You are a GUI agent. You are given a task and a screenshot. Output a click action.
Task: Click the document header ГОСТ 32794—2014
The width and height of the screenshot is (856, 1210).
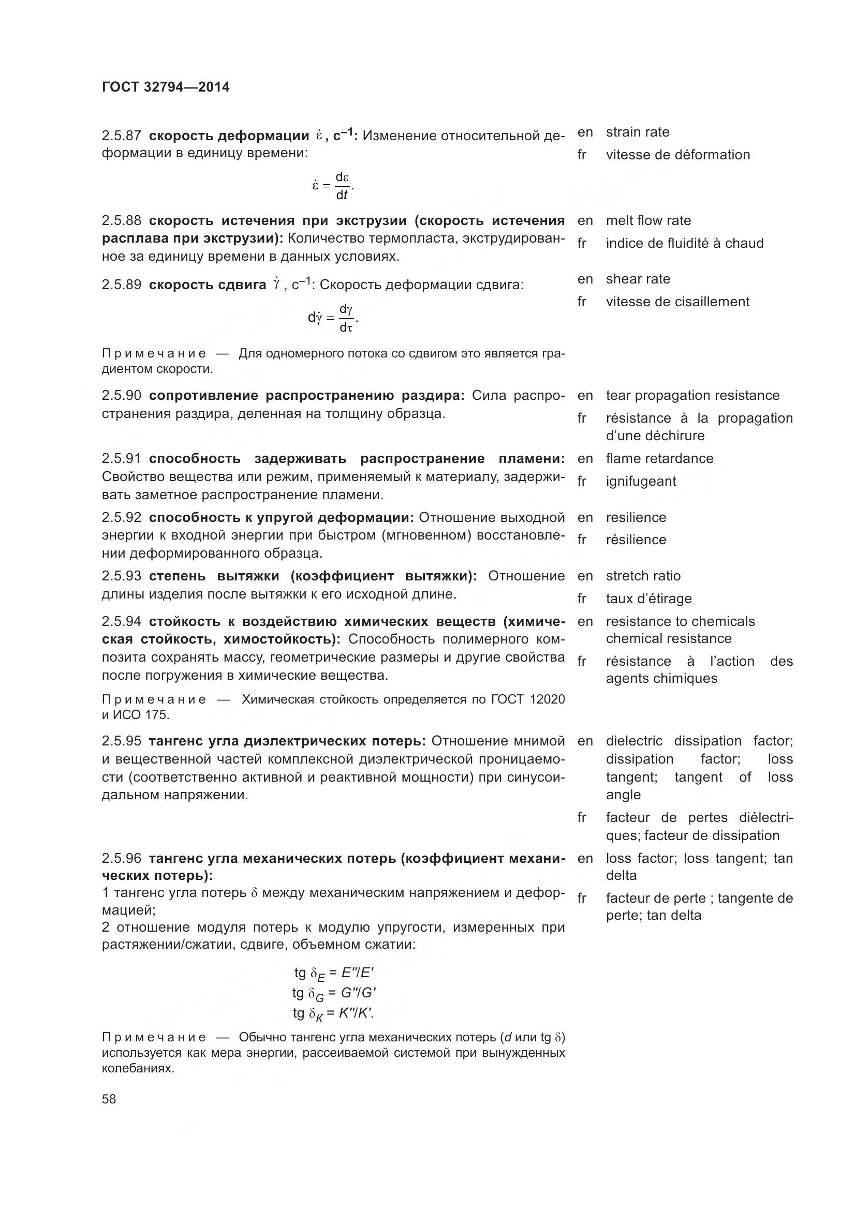pos(166,87)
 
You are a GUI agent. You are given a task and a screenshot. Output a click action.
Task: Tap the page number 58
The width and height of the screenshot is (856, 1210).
pos(109,1099)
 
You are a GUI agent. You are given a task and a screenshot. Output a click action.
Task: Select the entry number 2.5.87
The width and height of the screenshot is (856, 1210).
pos(121,136)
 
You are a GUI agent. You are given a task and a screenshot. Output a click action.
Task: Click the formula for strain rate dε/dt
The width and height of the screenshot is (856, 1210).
pos(333,186)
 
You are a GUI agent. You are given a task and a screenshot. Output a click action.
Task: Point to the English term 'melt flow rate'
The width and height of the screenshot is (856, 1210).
pos(648,220)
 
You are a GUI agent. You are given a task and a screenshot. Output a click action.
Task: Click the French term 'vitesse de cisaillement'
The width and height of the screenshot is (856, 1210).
pos(677,302)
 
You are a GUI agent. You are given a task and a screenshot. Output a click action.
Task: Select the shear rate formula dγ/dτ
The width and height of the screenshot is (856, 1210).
pos(333,318)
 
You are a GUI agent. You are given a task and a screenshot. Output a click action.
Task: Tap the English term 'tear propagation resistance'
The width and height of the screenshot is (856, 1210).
pos(692,395)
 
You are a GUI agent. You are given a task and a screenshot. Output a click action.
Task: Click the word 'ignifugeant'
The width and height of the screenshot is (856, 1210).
pos(640,481)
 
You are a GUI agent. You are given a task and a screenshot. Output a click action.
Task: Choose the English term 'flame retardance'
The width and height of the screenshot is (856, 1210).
pos(659,458)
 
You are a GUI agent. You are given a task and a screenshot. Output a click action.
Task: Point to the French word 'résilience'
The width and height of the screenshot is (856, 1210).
pos(636,540)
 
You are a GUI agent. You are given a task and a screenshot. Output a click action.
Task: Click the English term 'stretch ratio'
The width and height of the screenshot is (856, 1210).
pos(643,575)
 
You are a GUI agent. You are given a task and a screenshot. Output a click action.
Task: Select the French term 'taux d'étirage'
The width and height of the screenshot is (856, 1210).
pos(648,599)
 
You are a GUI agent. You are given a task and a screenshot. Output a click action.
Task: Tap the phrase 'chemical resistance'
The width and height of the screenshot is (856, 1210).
pos(668,639)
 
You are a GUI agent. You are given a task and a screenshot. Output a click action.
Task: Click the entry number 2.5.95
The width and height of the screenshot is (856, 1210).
pos(121,741)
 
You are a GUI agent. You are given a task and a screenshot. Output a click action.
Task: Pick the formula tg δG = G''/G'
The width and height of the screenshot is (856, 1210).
pos(334,993)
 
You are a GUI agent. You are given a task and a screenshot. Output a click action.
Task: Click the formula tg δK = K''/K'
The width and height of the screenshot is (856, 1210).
pos(334,1013)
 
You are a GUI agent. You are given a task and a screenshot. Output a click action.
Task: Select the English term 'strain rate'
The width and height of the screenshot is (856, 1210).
pos(637,132)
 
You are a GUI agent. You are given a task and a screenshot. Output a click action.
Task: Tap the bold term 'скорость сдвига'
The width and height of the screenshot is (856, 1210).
pos(208,285)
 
